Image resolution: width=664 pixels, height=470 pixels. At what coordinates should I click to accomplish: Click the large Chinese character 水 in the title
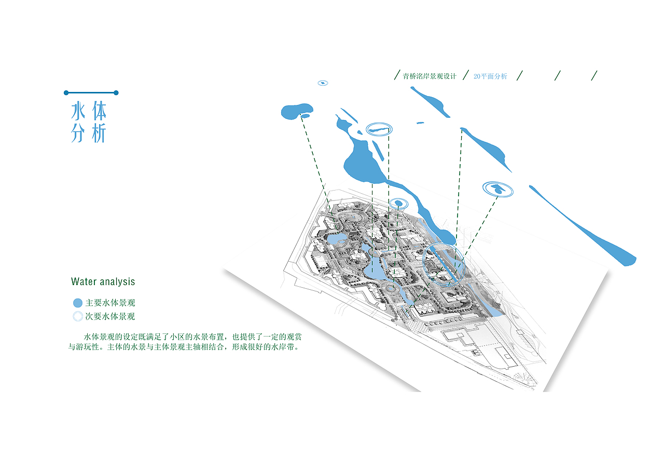[x=78, y=111]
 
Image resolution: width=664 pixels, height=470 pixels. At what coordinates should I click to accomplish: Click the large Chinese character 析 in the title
[x=99, y=133]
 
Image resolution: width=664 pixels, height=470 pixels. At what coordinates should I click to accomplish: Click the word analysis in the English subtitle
[x=117, y=282]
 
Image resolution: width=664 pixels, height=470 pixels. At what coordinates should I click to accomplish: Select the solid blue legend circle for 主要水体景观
[x=78, y=303]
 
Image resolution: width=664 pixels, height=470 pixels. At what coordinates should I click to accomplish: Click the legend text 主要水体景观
[x=110, y=303]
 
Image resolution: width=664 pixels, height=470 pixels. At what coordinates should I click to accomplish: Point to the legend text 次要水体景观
[x=110, y=317]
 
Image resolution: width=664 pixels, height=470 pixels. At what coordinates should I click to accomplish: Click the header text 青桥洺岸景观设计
[x=429, y=76]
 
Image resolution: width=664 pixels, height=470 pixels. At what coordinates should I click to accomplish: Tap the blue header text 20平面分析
[x=490, y=76]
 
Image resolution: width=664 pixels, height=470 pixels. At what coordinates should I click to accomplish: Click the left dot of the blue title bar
[x=66, y=93]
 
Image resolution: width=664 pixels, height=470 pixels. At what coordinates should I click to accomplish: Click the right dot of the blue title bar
[x=116, y=93]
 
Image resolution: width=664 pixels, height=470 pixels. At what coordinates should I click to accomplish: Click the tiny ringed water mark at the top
[x=323, y=83]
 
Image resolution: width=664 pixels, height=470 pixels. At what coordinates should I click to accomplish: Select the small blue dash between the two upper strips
[x=420, y=123]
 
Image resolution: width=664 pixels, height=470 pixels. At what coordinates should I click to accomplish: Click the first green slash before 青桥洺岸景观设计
[x=397, y=75]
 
